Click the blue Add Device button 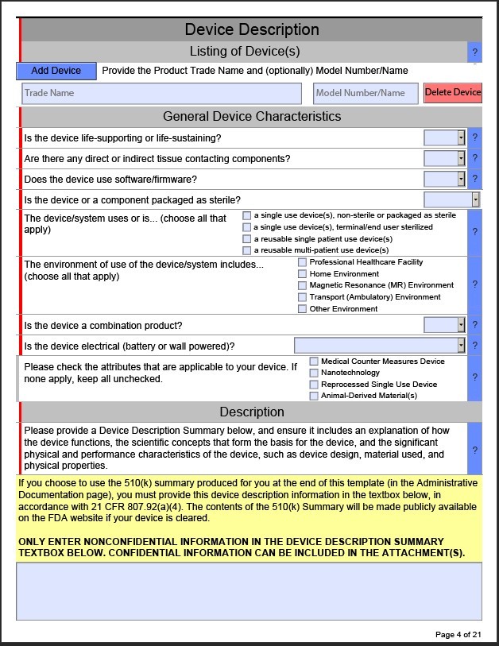56,71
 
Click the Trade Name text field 161,93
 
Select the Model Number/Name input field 365,93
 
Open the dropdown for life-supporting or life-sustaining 461,137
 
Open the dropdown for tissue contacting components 461,158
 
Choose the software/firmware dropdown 461,179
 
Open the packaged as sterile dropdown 475,199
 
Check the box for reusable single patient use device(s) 247,239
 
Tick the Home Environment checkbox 302,274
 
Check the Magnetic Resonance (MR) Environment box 302,285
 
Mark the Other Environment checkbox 302,309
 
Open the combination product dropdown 461,325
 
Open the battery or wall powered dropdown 461,346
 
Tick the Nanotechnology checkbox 314,373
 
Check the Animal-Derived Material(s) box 314,396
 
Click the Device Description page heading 252,29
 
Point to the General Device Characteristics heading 252,116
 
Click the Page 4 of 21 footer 458,634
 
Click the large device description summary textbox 249,591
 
